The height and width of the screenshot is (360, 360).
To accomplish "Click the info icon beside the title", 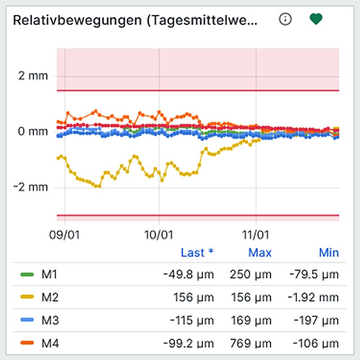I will (285, 19).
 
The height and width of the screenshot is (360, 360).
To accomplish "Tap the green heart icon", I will (316, 19).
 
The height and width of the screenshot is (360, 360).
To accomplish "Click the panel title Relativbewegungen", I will (135, 20).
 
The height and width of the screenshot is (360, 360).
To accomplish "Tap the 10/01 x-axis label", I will (159, 235).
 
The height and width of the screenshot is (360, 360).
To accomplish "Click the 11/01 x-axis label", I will (256, 235).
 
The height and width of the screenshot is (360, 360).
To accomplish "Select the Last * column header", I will (197, 253).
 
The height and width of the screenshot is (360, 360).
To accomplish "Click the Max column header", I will (260, 253).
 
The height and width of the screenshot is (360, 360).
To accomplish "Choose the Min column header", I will (328, 253).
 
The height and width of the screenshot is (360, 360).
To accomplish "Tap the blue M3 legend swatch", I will (28, 321).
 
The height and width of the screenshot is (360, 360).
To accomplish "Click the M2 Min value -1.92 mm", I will (315, 297).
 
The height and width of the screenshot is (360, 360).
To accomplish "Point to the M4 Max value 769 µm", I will (251, 344).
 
